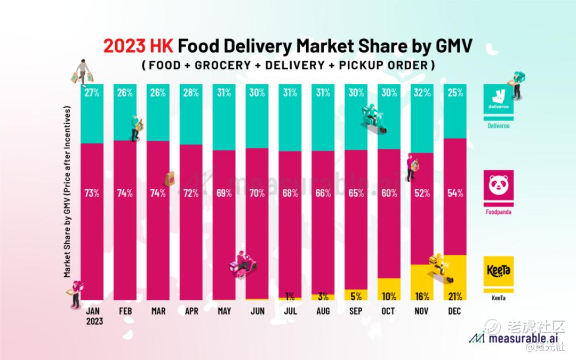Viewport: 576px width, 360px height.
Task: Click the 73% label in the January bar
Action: (x=92, y=193)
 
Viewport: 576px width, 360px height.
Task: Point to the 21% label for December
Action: (x=455, y=297)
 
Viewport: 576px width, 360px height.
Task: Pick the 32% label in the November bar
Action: (x=422, y=92)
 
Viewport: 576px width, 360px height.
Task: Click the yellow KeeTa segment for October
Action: (x=389, y=288)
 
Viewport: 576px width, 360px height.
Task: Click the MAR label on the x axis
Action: (x=158, y=311)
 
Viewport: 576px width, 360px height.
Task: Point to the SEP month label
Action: (x=356, y=311)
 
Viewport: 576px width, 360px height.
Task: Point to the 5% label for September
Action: (x=356, y=297)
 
